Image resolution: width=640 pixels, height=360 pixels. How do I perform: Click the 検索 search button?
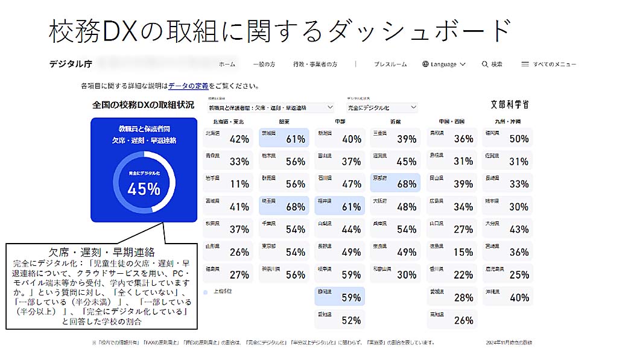pos(492,64)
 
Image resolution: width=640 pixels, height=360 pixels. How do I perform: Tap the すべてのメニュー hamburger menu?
pos(548,64)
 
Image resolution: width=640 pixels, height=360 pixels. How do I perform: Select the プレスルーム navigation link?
pos(390,64)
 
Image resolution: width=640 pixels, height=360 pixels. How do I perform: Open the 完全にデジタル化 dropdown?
pos(382,107)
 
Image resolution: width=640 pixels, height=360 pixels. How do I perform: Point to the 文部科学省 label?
pos(510,105)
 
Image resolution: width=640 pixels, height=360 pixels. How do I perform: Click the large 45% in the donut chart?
pos(144,189)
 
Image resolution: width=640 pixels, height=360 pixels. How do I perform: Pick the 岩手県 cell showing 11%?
pos(227,183)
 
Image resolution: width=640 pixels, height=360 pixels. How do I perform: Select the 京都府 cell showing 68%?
pos(395,183)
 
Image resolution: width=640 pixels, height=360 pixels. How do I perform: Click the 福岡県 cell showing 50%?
pos(507,138)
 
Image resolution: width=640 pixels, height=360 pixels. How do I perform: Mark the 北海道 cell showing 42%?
pos(227,138)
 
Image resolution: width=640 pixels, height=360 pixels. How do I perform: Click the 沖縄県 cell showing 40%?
pos(507,297)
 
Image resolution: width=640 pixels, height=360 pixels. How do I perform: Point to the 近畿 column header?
pos(395,121)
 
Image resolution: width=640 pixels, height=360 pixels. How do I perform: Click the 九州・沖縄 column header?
pos(507,121)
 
